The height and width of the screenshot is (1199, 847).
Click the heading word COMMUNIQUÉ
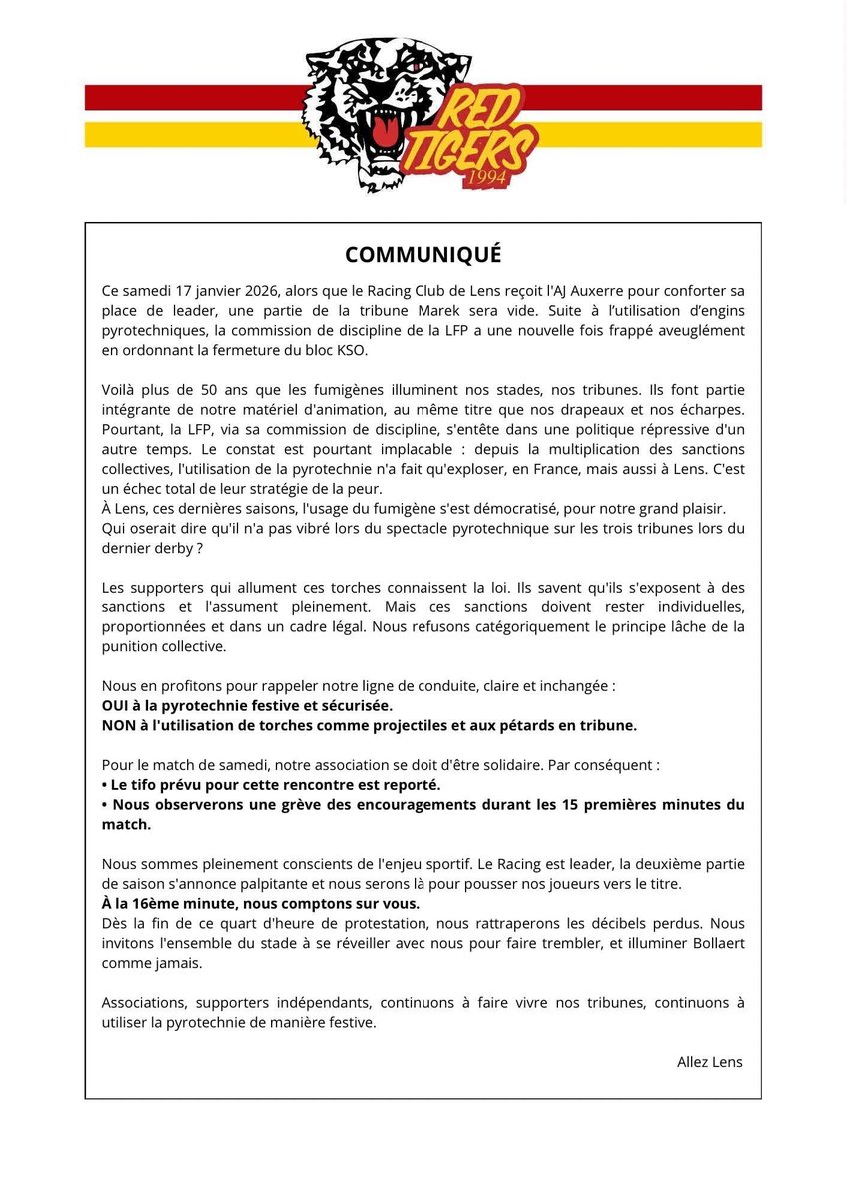tap(423, 253)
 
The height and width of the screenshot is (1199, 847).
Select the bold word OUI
tap(117, 705)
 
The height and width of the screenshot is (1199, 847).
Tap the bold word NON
tap(118, 724)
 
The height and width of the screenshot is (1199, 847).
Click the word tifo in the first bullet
tap(151, 784)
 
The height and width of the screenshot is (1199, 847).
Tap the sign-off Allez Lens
tap(709, 1061)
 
